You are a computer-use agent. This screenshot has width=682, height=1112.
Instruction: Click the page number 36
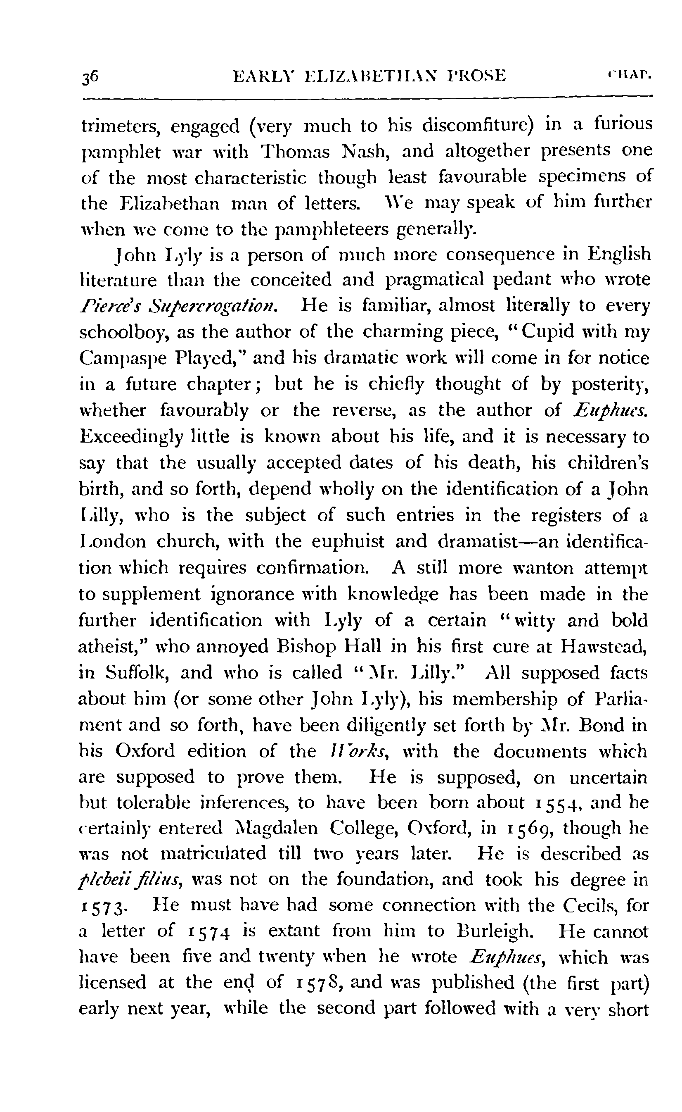90,76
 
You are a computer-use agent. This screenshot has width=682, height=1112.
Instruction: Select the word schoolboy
124,333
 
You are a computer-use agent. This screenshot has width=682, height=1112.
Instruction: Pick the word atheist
111,647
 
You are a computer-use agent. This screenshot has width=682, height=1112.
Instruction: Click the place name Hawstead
604,647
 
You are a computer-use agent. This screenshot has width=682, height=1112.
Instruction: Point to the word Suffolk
136,673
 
